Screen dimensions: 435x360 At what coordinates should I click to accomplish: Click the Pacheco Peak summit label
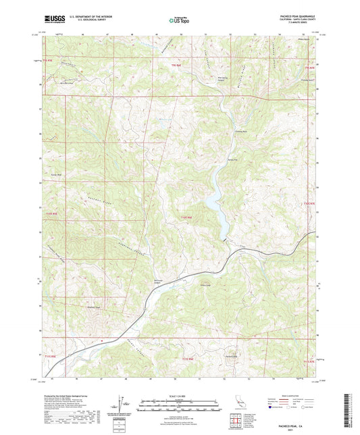click(x=232, y=357)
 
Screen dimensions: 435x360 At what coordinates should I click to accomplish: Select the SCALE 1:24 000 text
click(x=180, y=394)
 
